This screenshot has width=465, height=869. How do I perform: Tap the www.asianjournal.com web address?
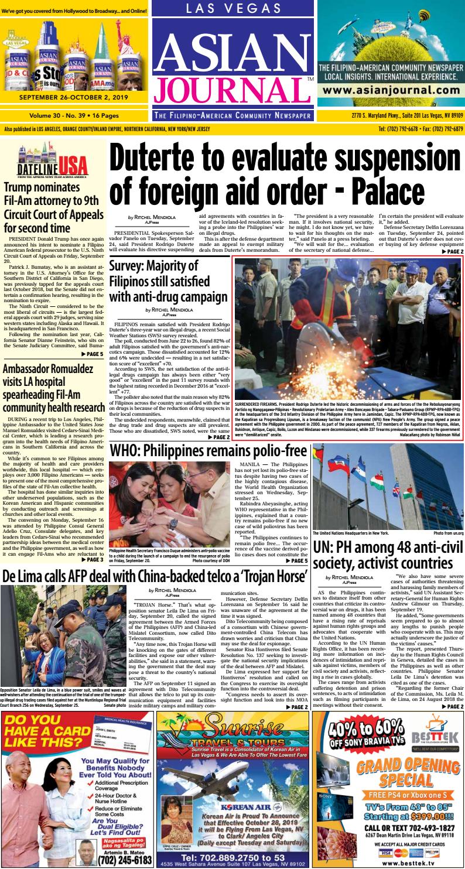coord(391,91)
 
